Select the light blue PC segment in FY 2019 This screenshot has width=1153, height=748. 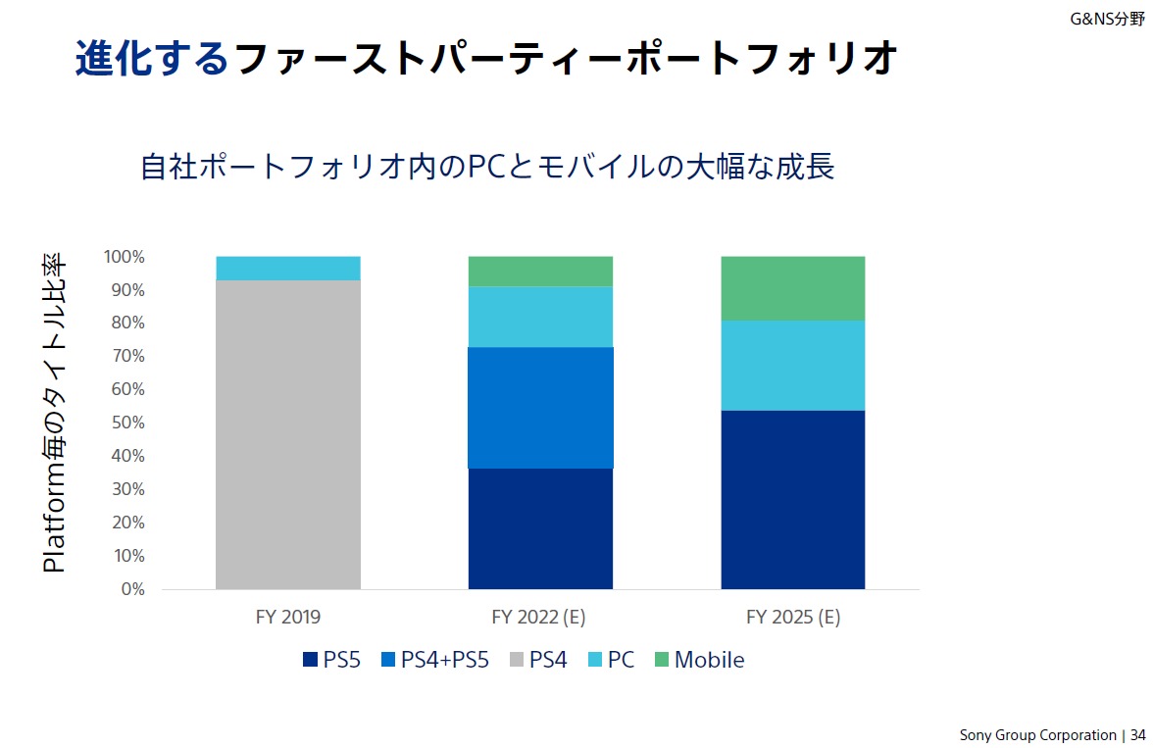(x=288, y=268)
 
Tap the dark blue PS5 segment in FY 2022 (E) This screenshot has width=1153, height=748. (x=540, y=528)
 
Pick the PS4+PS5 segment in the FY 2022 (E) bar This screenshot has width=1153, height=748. (x=540, y=408)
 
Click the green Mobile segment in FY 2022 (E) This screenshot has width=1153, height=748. (x=540, y=271)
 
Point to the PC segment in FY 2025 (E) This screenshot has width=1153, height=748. (x=792, y=365)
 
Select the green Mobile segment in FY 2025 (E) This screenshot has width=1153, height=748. (x=792, y=288)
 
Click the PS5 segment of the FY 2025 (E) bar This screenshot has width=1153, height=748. (x=792, y=499)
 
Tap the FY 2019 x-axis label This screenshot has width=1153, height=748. (x=288, y=618)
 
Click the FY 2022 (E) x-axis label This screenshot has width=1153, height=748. (x=538, y=618)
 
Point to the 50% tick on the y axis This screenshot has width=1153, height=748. (x=125, y=423)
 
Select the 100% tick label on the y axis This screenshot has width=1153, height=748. (x=124, y=257)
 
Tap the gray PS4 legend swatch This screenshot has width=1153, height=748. (x=517, y=661)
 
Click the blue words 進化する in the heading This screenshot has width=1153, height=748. (x=152, y=58)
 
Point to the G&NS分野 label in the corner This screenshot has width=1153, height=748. (x=1107, y=18)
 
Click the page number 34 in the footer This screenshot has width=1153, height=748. (x=1137, y=734)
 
